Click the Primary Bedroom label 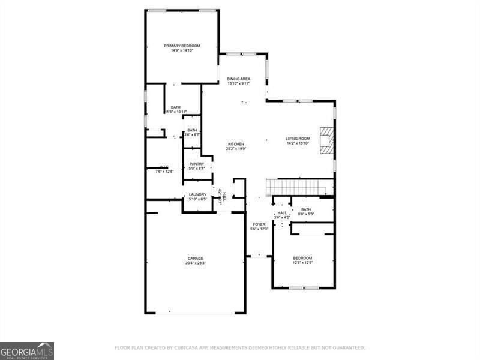(182, 46)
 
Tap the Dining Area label (238, 79)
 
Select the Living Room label (297, 139)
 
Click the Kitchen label (235, 144)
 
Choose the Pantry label (197, 164)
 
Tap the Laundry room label (197, 194)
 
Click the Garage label (195, 259)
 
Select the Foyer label (258, 224)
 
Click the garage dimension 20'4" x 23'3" (195, 263)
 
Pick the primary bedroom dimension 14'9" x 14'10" (182, 50)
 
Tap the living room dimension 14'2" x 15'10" (297, 143)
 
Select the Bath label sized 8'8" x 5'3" (305, 209)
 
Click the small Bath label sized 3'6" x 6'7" (192, 130)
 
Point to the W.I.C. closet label (164, 167)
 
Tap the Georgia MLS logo (27, 350)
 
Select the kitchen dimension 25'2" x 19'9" (235, 149)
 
